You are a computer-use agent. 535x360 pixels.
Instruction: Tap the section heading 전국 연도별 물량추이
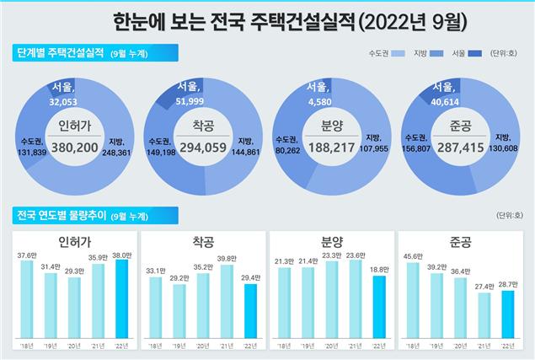tap(60, 215)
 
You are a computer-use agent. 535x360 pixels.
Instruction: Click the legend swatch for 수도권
tap(401, 53)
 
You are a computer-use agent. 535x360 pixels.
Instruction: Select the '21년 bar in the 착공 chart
tap(226, 299)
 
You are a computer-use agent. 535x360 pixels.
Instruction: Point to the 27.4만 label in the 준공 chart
tap(484, 287)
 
